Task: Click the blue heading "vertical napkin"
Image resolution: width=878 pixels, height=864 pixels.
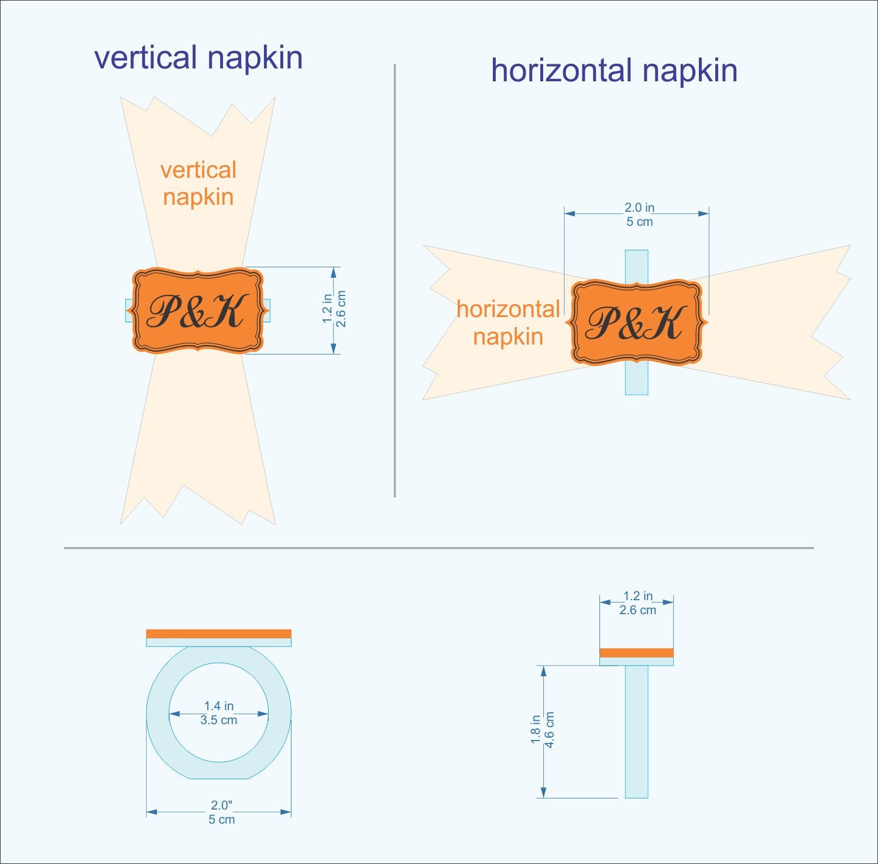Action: [198, 58]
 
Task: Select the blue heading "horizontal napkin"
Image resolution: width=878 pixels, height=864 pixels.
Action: [614, 70]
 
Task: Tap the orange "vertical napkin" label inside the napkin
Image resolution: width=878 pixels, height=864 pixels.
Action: [198, 183]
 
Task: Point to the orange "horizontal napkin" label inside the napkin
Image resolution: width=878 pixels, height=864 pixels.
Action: [508, 323]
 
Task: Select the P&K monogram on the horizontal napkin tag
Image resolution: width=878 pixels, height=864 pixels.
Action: [636, 322]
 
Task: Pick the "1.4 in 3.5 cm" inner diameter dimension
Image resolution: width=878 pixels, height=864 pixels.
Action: [219, 713]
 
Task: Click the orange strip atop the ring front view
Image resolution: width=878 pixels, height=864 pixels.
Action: [218, 634]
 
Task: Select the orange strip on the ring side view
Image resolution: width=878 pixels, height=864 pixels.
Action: [636, 653]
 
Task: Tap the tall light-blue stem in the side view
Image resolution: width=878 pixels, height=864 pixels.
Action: [636, 731]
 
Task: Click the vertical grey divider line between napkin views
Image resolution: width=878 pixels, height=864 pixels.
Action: [395, 281]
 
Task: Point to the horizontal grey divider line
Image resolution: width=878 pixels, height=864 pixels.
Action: [439, 548]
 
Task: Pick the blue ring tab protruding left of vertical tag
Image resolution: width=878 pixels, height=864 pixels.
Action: [129, 311]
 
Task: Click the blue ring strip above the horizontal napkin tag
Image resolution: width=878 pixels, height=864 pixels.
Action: [636, 267]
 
